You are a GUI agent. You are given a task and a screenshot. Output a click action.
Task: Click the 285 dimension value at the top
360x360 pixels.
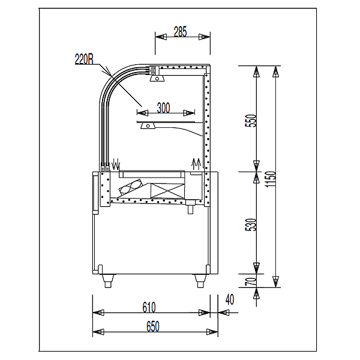click(180, 32)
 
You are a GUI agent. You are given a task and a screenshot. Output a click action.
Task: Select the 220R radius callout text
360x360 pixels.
click(84, 59)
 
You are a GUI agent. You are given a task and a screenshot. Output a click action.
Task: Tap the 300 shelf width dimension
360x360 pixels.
click(163, 107)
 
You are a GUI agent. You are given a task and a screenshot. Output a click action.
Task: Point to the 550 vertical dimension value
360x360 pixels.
click(250, 121)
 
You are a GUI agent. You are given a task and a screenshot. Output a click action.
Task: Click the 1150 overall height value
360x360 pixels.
click(270, 179)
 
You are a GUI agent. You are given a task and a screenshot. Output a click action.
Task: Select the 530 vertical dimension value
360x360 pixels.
click(250, 224)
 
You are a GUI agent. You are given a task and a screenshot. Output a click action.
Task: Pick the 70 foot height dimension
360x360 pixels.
click(250, 281)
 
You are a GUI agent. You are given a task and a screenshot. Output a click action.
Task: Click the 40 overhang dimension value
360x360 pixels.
click(230, 299)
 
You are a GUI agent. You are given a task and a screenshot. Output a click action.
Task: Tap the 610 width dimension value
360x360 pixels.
click(149, 307)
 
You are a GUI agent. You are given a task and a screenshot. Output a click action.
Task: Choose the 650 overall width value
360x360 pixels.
click(152, 326)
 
